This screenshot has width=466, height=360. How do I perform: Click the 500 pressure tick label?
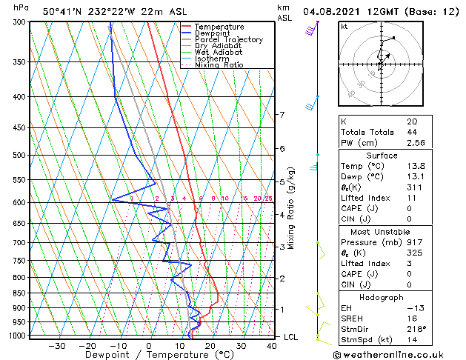(x=16, y=155)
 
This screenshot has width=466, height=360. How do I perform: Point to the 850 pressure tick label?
(x=16, y=293)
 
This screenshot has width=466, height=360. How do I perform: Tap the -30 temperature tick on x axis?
(x=56, y=345)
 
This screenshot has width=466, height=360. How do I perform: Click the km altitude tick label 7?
(x=282, y=115)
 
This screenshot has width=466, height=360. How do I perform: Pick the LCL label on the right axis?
(x=292, y=336)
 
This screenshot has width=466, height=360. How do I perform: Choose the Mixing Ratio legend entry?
(x=219, y=64)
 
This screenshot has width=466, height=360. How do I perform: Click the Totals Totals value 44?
(x=412, y=132)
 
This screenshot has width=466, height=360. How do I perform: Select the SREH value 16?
(x=412, y=319)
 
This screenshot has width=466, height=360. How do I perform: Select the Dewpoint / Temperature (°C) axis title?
(x=150, y=355)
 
